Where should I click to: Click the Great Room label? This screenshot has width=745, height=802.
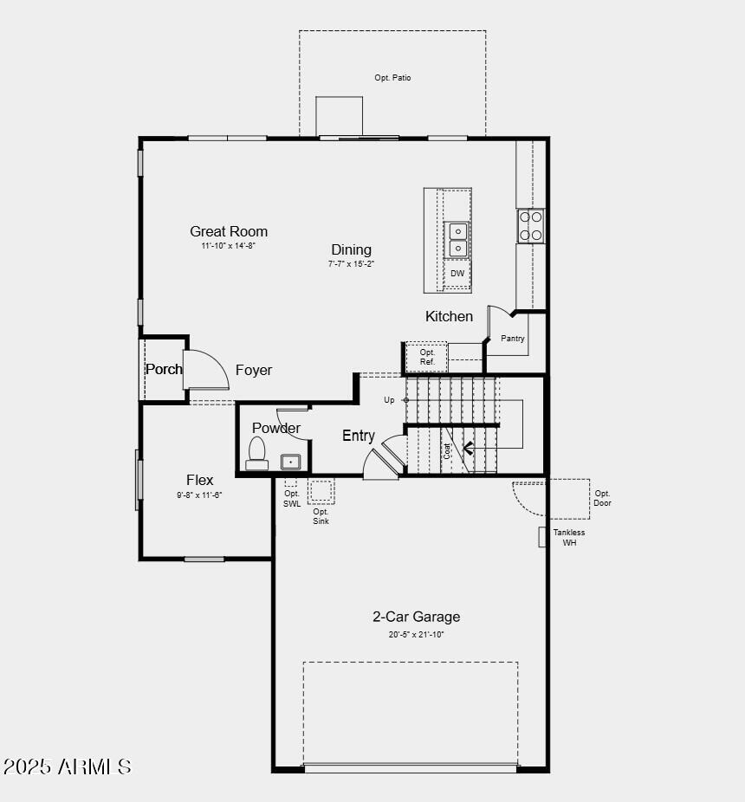click(229, 231)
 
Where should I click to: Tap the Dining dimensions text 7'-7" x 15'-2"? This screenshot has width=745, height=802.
click(351, 263)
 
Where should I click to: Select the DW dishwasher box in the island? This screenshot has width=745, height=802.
click(457, 274)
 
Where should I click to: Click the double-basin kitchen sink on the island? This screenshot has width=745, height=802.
click(457, 240)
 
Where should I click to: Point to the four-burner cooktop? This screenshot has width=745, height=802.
click(530, 225)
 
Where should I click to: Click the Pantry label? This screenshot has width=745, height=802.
click(513, 339)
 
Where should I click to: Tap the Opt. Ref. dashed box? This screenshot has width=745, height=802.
click(427, 357)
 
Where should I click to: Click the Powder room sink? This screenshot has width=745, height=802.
click(290, 461)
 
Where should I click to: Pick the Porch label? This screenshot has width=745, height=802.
click(164, 369)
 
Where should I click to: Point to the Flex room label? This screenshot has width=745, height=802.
click(199, 480)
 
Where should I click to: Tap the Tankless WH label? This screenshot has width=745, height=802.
click(569, 538)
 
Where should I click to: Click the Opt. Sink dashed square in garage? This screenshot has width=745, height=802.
click(321, 492)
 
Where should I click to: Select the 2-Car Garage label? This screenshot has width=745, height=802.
click(416, 617)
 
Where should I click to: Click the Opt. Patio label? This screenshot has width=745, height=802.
click(392, 78)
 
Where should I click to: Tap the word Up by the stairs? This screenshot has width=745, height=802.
click(389, 400)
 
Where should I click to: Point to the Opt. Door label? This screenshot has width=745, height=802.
click(602, 498)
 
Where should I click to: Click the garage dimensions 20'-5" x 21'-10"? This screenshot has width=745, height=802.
click(416, 635)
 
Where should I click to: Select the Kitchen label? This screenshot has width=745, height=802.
click(449, 316)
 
